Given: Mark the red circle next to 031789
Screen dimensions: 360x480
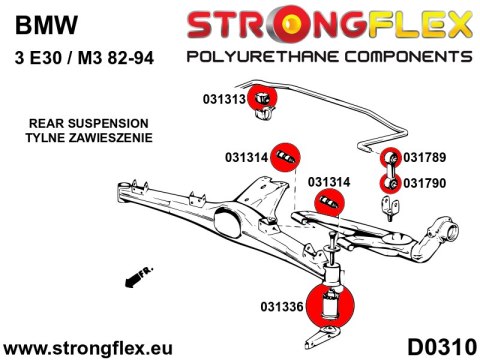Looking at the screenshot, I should tap(388, 158).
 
